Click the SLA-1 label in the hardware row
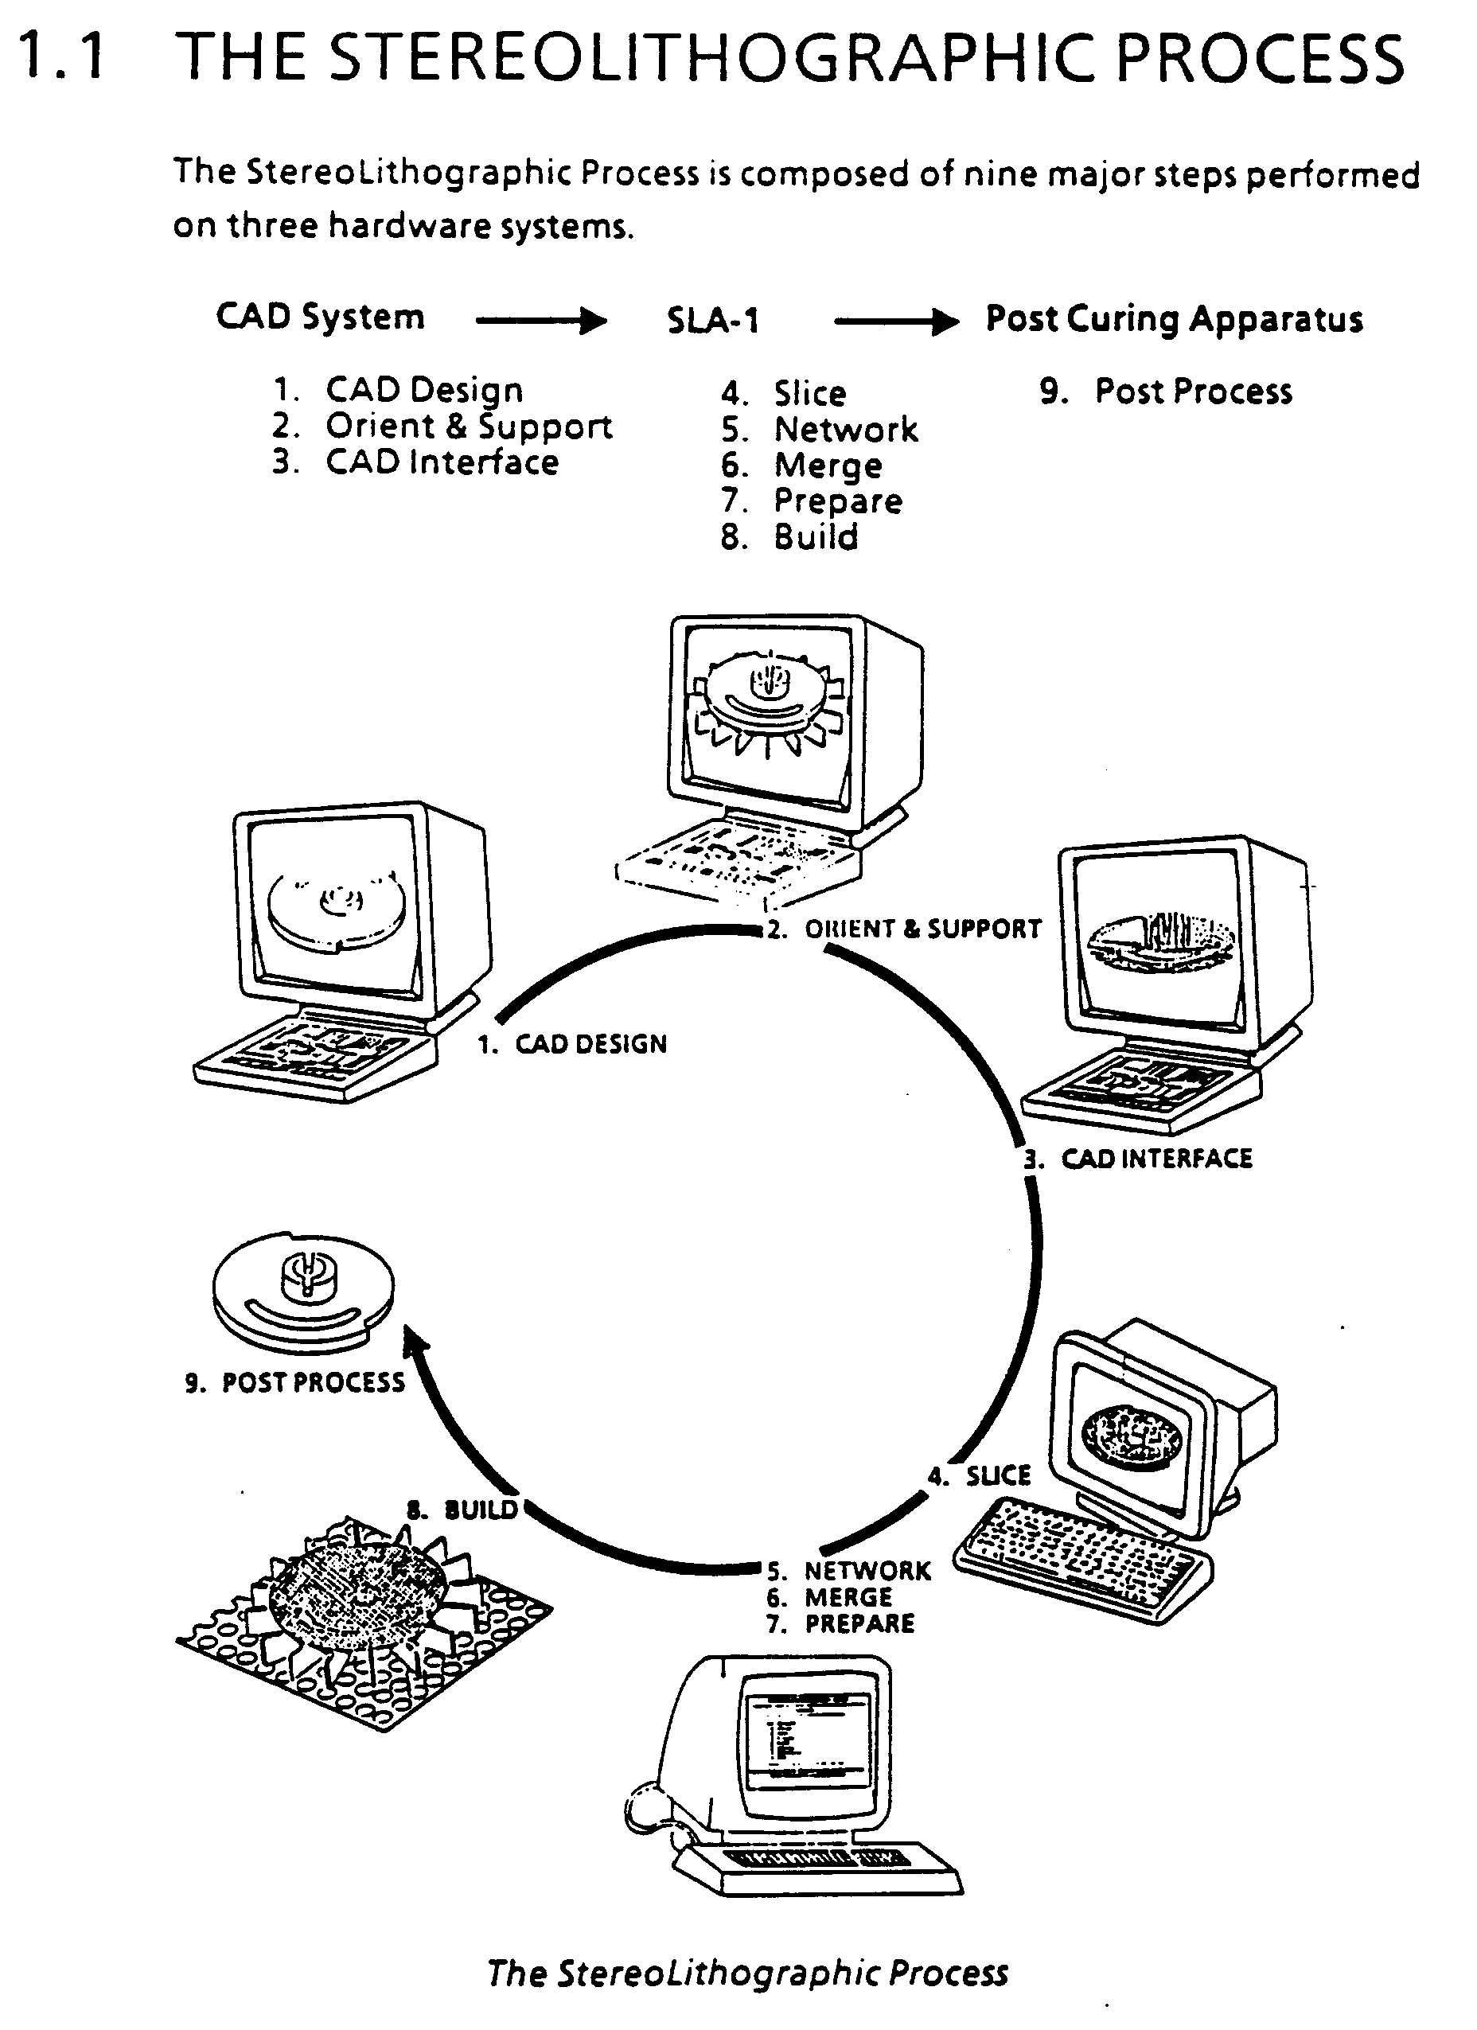712,321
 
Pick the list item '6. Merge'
802,466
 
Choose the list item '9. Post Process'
1166,392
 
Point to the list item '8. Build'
789,537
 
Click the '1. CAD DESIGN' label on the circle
573,1045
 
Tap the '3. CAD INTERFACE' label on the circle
1139,1159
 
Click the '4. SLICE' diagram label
980,1476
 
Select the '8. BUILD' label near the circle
463,1510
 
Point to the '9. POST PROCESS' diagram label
294,1383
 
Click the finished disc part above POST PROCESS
302,1289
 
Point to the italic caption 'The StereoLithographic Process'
747,1973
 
